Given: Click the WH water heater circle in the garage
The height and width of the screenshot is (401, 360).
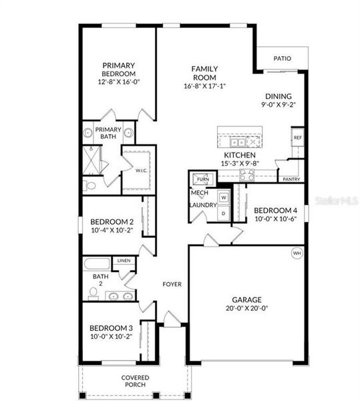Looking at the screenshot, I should click(x=296, y=254).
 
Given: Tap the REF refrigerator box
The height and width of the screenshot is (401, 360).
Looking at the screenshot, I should click(x=297, y=138).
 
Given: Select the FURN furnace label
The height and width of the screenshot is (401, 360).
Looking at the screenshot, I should click(x=202, y=180).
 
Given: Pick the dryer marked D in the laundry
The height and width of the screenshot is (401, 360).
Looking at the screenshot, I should click(x=224, y=213).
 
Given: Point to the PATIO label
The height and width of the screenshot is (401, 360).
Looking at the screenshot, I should click(x=282, y=59).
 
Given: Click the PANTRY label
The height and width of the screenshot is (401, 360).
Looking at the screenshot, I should click(x=291, y=180).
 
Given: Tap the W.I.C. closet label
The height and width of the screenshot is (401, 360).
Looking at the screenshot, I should click(x=141, y=170).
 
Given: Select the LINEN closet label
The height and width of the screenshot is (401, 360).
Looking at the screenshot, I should click(x=124, y=260).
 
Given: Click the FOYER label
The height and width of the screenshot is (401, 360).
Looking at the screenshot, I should click(x=172, y=284).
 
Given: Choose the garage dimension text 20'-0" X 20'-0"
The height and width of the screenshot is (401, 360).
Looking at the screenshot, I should click(x=246, y=309).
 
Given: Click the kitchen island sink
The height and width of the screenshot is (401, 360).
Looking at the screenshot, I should click(x=236, y=142).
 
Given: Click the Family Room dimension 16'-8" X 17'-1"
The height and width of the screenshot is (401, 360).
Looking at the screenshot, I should click(x=205, y=86).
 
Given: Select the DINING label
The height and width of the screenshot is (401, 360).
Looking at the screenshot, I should click(x=278, y=96).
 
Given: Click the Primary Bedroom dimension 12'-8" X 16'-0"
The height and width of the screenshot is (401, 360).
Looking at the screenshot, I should click(x=118, y=82).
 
